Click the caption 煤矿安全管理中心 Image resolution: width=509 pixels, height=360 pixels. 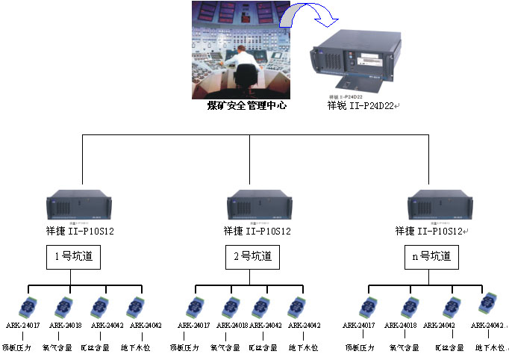[x=246, y=106]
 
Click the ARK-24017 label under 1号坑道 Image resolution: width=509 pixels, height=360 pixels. [x=22, y=326]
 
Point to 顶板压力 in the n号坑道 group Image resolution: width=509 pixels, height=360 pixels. [x=360, y=347]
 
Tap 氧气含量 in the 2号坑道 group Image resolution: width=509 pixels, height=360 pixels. [x=225, y=347]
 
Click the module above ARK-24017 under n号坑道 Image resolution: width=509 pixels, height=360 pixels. [x=367, y=307]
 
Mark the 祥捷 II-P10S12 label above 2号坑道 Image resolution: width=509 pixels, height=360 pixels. [x=253, y=232]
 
